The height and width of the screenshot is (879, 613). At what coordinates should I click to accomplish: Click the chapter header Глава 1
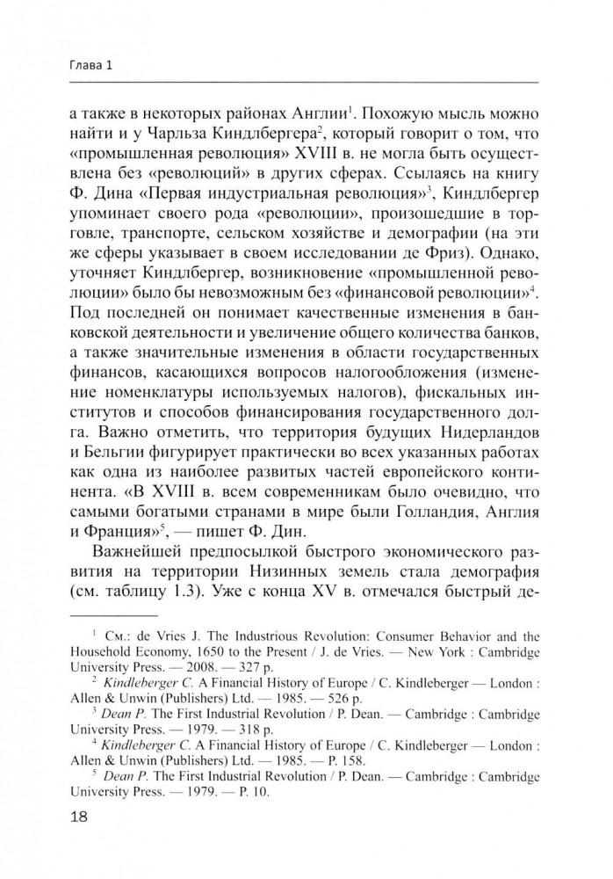(x=91, y=66)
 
